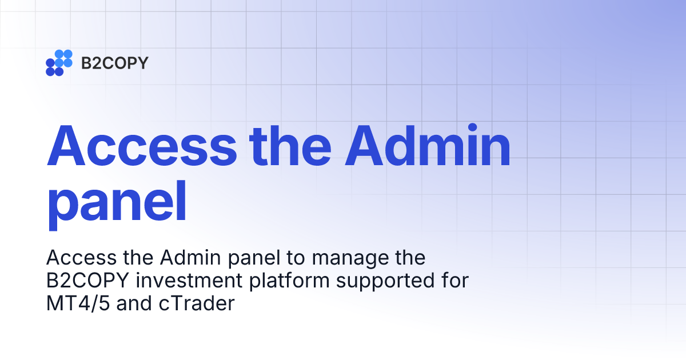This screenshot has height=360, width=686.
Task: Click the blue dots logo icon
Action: [x=59, y=62]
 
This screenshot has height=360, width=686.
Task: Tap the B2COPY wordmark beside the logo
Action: [x=114, y=63]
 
